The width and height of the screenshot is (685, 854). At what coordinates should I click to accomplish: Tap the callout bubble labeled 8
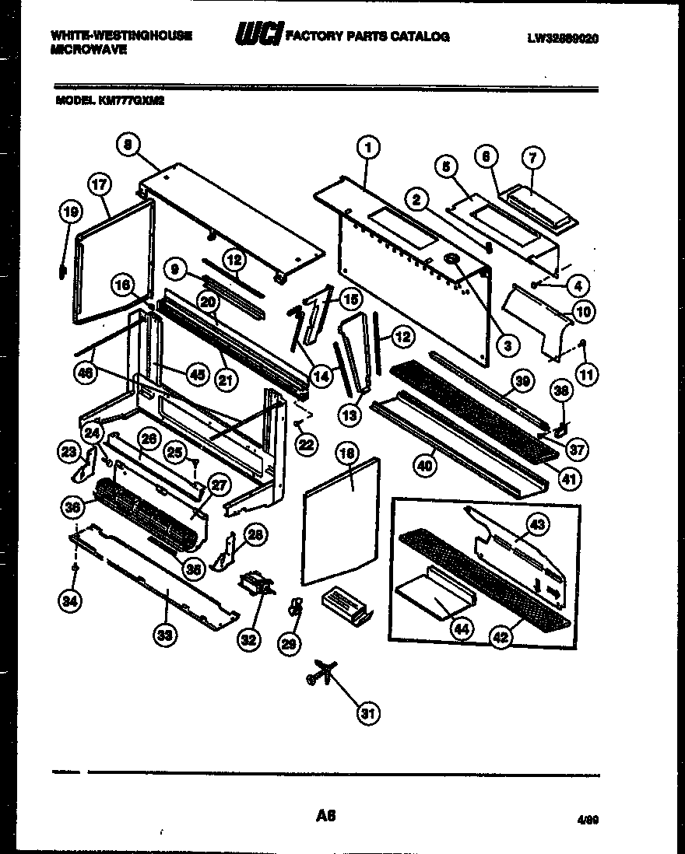coord(129,143)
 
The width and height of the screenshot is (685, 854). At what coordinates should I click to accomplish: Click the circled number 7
coord(533,157)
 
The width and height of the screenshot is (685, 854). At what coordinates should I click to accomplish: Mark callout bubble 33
coord(164,636)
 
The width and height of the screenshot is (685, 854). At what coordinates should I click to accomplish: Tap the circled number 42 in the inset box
coord(501,637)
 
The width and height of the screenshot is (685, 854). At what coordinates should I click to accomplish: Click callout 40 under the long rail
coord(425,466)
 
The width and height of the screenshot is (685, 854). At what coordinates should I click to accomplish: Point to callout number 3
coord(507,345)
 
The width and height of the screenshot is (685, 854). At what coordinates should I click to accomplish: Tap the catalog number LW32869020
coord(561,37)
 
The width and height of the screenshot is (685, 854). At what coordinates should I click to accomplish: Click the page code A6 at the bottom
coord(325,816)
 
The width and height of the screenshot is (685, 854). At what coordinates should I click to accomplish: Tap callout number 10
coord(582,313)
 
